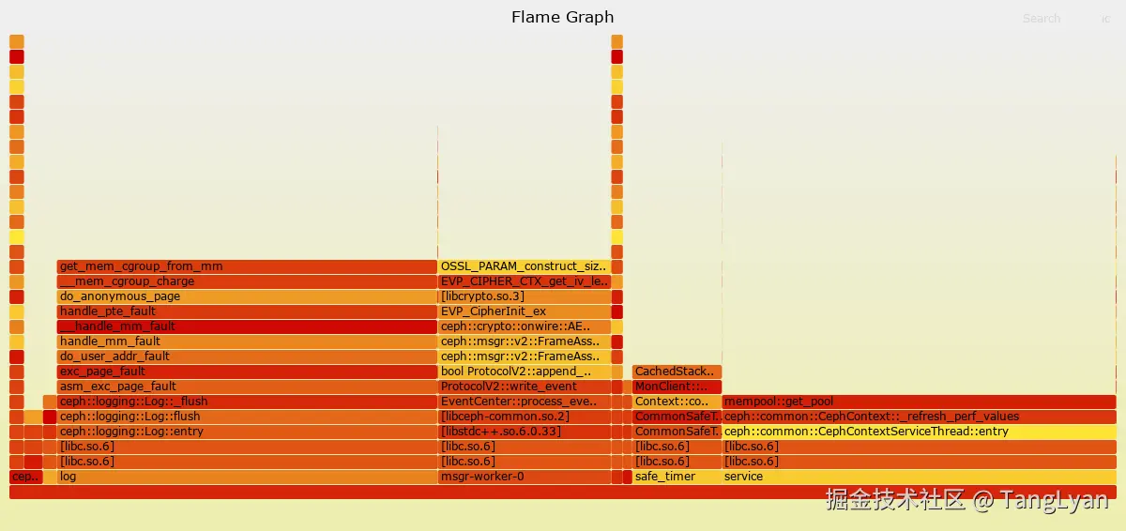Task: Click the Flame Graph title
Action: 562,17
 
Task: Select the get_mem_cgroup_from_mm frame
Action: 246,266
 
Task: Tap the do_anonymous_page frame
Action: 246,296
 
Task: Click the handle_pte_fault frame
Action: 246,311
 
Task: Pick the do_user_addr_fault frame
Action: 246,357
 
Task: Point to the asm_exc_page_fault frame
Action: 246,387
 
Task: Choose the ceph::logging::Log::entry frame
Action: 246,432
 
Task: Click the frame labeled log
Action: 246,477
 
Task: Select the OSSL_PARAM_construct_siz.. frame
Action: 524,266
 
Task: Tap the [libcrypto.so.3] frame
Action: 524,296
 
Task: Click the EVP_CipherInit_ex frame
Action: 524,311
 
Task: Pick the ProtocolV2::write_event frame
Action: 524,387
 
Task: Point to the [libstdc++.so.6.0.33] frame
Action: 524,432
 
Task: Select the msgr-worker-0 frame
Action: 524,477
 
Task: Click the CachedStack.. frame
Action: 677,372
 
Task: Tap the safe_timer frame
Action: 677,477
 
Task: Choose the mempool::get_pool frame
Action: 919,402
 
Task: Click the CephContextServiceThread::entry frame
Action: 919,432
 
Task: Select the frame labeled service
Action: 919,477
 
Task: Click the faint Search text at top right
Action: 1042,18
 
